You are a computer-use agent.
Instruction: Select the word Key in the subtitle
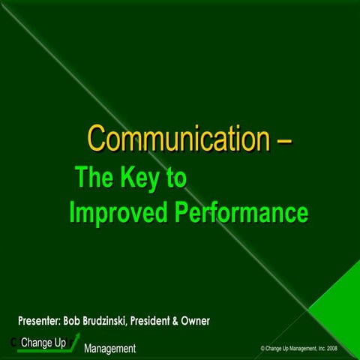[x=142, y=179]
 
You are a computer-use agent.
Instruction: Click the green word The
[x=94, y=179]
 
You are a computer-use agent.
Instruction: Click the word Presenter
[x=43, y=321]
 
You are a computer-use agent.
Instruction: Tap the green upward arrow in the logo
[x=73, y=343]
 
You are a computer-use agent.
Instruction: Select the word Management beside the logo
[x=109, y=349]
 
